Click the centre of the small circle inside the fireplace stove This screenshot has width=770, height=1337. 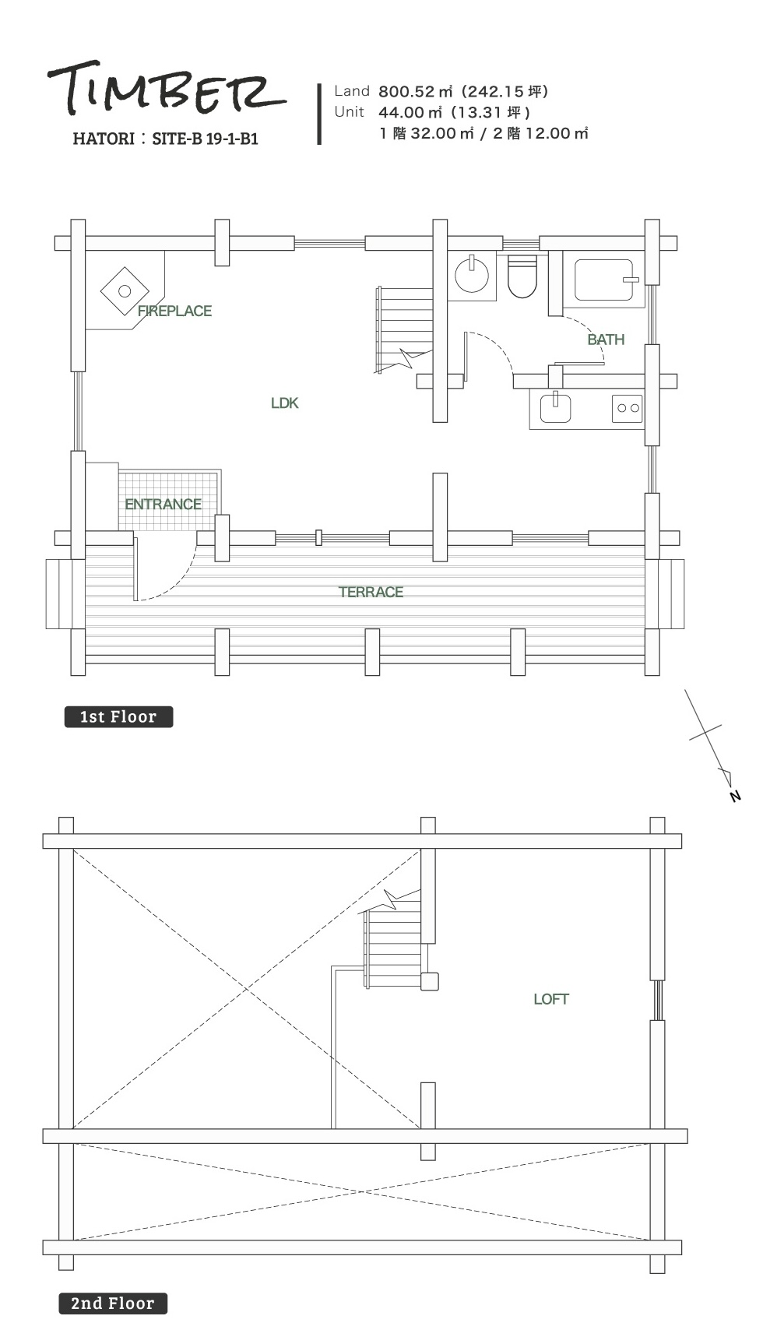click(125, 291)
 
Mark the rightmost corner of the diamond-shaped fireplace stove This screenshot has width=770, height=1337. click(149, 291)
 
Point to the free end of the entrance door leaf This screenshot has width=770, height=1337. click(135, 600)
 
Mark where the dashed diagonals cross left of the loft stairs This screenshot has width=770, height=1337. click(247, 989)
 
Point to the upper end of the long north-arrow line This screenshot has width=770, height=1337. click(685, 689)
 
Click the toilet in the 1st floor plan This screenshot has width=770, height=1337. click(522, 276)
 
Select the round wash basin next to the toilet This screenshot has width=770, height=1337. click(472, 275)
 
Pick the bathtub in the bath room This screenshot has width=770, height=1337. click(604, 280)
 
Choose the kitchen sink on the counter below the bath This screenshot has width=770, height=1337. click(555, 408)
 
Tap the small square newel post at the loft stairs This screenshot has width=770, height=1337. click(430, 981)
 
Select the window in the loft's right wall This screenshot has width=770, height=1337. click(658, 1000)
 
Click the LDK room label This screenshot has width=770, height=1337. click(285, 403)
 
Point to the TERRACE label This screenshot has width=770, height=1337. click(371, 592)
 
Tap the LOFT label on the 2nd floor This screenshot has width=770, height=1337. click(551, 999)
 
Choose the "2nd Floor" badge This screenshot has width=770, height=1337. click(113, 1304)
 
